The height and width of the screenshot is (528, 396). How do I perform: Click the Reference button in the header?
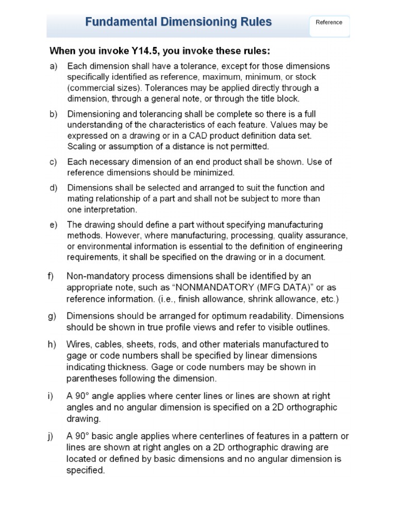coord(329,23)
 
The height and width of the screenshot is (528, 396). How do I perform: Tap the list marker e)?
coord(53,225)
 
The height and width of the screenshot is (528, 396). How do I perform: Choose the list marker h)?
coord(53,344)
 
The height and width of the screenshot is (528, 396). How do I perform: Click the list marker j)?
coord(53,436)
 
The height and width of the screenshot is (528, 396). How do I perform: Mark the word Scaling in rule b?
coord(82,146)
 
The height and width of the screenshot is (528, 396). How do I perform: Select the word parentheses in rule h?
coord(92,378)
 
